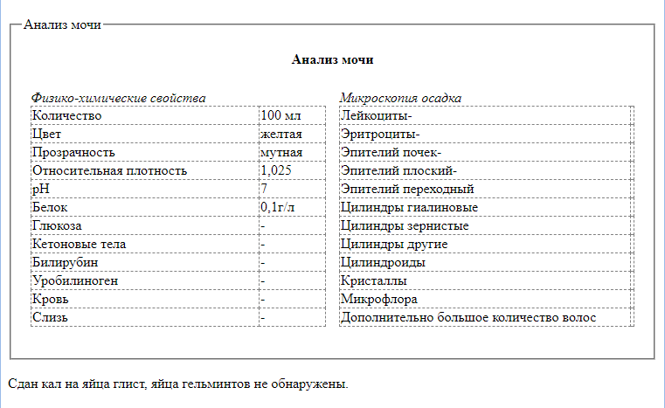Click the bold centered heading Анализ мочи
point(332,60)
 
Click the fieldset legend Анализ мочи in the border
point(62,24)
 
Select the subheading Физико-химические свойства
point(118,98)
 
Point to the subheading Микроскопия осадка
point(400,98)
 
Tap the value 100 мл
point(281,115)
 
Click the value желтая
point(281,134)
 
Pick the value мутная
point(281,152)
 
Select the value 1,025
point(276,170)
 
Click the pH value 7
point(264,189)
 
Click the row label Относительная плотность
point(109,170)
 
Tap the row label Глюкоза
point(57,225)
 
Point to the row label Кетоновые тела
point(79,244)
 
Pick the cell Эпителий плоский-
point(399,170)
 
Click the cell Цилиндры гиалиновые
point(410,207)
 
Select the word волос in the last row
point(578,317)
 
